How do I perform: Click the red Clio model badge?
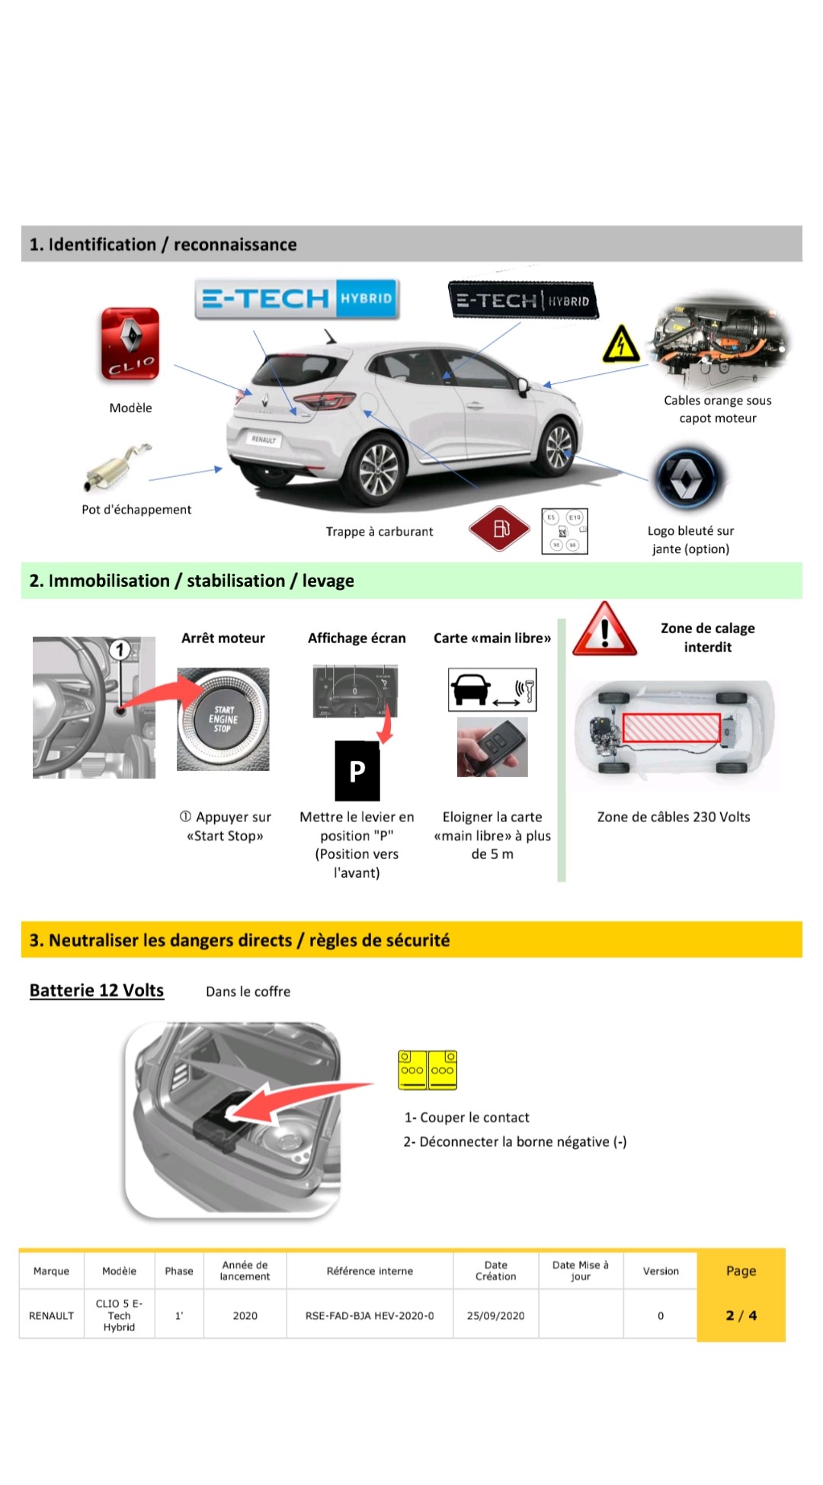[x=130, y=344]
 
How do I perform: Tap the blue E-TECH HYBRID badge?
[x=297, y=299]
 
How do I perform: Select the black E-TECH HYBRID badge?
[x=523, y=300]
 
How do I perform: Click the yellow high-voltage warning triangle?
[x=621, y=344]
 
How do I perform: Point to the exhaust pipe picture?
[x=118, y=466]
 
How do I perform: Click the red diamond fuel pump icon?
[x=499, y=529]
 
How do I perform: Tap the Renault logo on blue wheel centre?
[x=686, y=478]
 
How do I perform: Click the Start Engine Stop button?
[x=223, y=718]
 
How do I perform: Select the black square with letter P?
[x=357, y=771]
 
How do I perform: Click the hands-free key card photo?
[x=492, y=747]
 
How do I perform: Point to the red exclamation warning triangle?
[x=605, y=630]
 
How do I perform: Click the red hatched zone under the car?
[x=671, y=728]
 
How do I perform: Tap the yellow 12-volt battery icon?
[x=428, y=1070]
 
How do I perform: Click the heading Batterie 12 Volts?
[x=97, y=991]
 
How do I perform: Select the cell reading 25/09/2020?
[x=495, y=1316]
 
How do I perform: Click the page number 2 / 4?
[x=741, y=1316]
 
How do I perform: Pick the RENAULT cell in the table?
[x=52, y=1316]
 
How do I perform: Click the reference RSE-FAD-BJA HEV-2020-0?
[x=370, y=1316]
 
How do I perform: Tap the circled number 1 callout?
[x=120, y=650]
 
